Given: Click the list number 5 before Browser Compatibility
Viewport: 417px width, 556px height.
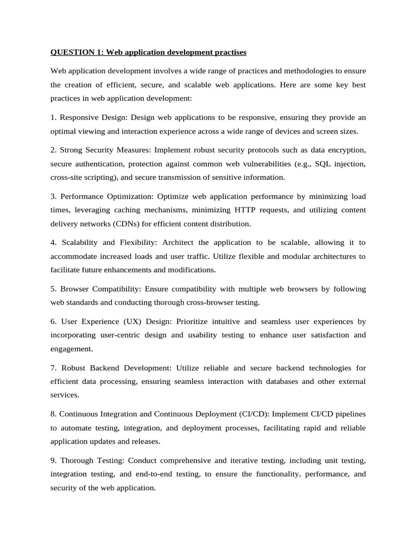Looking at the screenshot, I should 53,289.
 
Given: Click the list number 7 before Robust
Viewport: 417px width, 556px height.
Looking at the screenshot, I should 53,368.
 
